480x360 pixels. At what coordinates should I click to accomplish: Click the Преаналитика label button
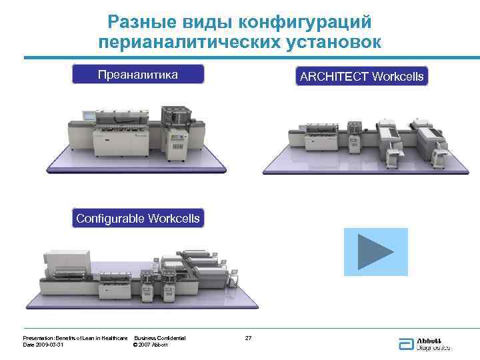(x=137, y=75)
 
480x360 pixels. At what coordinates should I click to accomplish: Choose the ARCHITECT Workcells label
(x=361, y=77)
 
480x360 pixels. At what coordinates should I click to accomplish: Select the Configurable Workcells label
(x=137, y=219)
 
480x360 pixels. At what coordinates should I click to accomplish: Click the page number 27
(x=248, y=339)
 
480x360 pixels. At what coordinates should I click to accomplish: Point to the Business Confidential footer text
(x=160, y=339)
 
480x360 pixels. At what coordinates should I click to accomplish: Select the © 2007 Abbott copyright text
(x=151, y=345)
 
